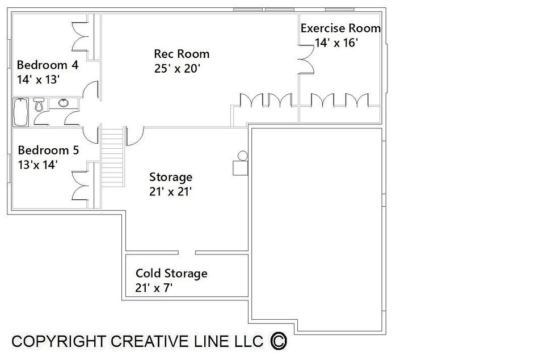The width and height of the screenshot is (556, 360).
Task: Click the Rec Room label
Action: tap(182, 54)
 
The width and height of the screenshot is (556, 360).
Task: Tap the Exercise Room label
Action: tap(340, 28)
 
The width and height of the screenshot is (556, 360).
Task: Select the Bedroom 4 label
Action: tap(48, 65)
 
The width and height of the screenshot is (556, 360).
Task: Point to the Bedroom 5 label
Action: tap(48, 150)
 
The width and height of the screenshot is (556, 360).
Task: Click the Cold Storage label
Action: tap(171, 273)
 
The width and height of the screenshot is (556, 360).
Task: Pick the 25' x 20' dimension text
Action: tap(177, 68)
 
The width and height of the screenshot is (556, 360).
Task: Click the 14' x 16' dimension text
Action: tap(336, 43)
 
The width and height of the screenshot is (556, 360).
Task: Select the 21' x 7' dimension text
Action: tap(154, 287)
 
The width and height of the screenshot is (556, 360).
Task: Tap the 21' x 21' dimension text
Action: tap(171, 191)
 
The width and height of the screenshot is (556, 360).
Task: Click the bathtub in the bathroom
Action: tap(20, 112)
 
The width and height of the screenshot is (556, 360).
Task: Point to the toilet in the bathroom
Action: tap(39, 104)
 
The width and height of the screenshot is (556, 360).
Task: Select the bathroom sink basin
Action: tap(64, 103)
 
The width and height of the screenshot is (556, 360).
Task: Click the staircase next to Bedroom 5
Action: tap(112, 157)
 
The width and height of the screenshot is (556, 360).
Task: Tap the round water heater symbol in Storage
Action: tap(243, 156)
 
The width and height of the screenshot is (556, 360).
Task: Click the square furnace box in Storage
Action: tap(240, 168)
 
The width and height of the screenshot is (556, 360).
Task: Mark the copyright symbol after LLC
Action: tap(279, 341)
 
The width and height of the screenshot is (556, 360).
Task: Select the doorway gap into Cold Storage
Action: tap(187, 253)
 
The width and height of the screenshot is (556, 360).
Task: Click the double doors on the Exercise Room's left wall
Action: tap(306, 60)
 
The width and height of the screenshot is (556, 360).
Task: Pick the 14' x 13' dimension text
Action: tap(38, 79)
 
